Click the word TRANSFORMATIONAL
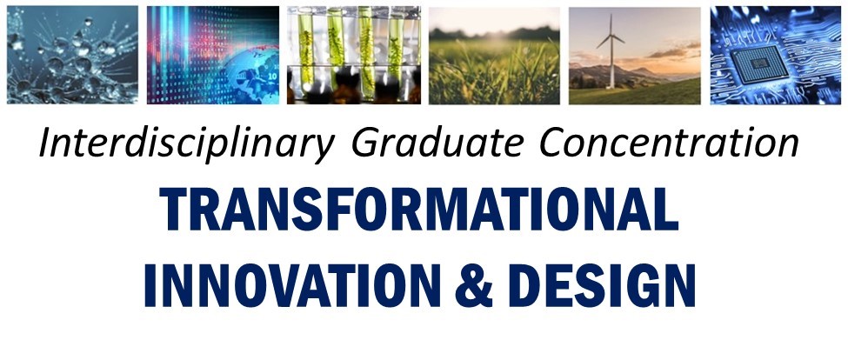tap(419, 210)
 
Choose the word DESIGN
tap(602, 285)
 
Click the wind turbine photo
tap(634, 55)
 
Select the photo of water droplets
tap(72, 55)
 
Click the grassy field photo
tap(494, 55)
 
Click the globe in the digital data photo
tap(251, 78)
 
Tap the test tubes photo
tap(354, 55)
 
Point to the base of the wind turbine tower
tap(611, 87)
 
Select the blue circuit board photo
tap(776, 55)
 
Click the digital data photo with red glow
tap(213, 55)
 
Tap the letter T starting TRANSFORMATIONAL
tap(172, 210)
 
